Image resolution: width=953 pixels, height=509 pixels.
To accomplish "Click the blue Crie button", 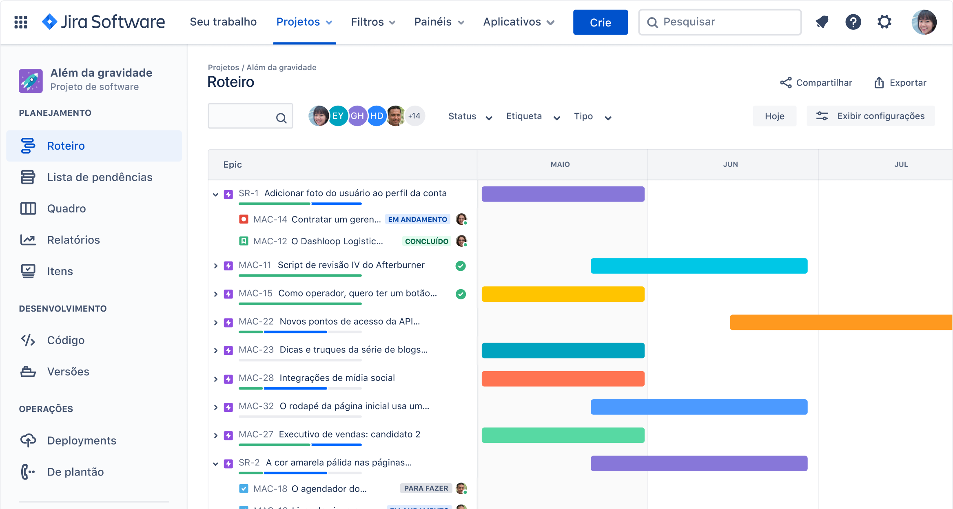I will point(600,22).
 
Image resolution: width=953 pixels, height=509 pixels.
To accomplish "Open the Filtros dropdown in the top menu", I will point(373,22).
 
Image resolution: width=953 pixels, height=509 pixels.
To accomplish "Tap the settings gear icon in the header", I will point(884,22).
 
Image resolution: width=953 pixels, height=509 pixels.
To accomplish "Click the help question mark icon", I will point(853,22).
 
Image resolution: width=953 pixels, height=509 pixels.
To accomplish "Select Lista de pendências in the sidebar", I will point(99,177).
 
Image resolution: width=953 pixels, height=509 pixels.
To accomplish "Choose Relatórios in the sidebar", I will point(73,240).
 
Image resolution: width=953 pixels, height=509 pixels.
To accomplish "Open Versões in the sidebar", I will point(68,372).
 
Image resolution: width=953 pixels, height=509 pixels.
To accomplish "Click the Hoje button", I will point(774,116).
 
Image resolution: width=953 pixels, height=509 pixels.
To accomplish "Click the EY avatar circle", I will point(338,116).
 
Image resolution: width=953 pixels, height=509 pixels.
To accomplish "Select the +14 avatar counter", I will point(414,116).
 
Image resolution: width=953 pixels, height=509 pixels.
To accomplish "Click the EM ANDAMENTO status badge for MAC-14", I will point(417,219).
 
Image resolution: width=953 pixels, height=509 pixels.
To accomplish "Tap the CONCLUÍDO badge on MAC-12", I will point(426,241).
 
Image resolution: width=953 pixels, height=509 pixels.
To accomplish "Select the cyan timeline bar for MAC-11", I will point(698,266).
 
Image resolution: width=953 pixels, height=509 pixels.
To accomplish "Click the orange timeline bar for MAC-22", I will point(840,322).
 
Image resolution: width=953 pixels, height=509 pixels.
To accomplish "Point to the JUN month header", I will point(730,164).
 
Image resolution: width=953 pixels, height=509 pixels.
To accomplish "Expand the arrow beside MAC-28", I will point(216,379).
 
